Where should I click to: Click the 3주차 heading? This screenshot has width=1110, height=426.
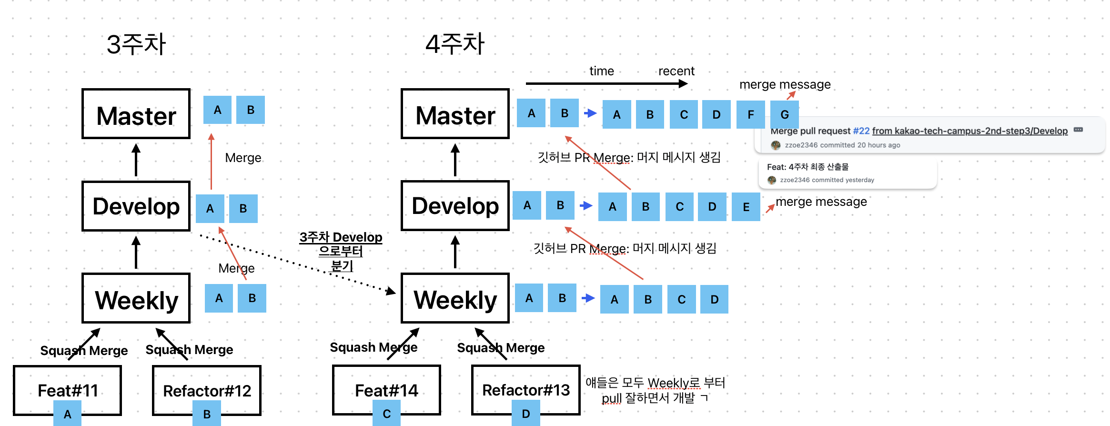[136, 44]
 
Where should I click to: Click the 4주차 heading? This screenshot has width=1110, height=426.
[455, 44]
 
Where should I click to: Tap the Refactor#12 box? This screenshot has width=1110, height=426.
[207, 390]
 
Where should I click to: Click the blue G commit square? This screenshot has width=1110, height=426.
[785, 114]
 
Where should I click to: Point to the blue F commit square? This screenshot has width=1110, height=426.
[751, 114]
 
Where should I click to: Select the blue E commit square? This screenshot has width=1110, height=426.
[746, 207]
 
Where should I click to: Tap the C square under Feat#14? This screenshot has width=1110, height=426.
[386, 414]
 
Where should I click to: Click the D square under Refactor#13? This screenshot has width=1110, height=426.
[526, 414]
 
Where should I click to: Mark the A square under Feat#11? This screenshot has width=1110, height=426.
[67, 414]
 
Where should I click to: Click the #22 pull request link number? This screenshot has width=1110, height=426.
[861, 131]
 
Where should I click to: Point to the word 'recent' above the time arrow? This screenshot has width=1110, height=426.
[676, 71]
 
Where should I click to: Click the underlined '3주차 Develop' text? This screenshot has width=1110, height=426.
[341, 237]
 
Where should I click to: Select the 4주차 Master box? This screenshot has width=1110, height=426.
[455, 114]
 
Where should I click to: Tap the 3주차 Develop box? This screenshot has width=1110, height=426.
[136, 206]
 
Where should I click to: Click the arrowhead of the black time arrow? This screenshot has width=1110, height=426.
[683, 84]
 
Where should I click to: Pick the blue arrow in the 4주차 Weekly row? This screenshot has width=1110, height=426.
[588, 298]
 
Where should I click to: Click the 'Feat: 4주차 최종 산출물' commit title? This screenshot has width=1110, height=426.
[807, 167]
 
